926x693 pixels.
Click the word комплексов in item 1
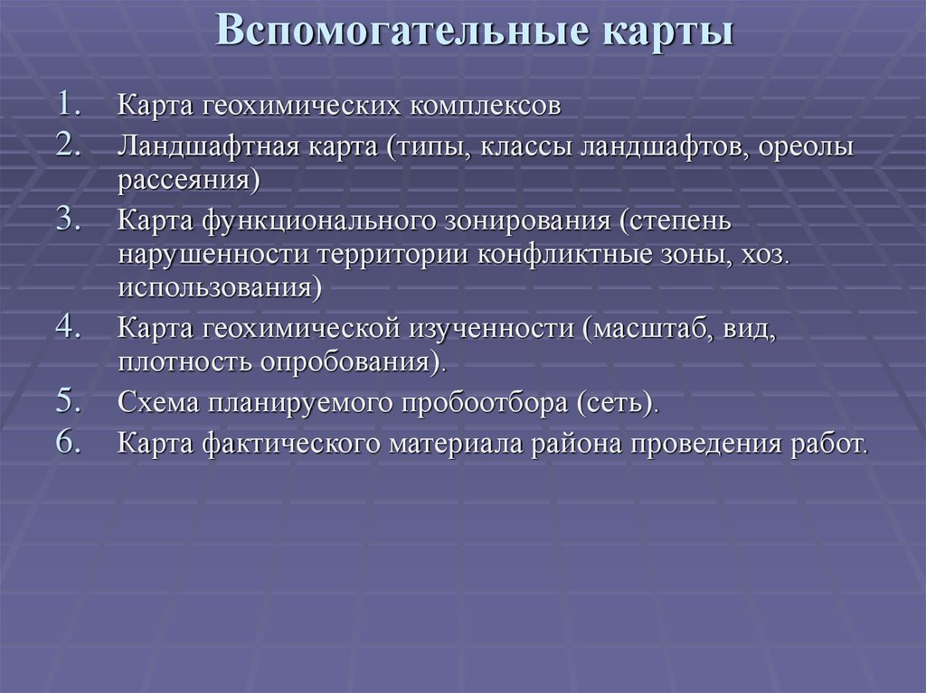tap(484, 107)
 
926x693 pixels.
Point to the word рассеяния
tap(184, 180)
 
